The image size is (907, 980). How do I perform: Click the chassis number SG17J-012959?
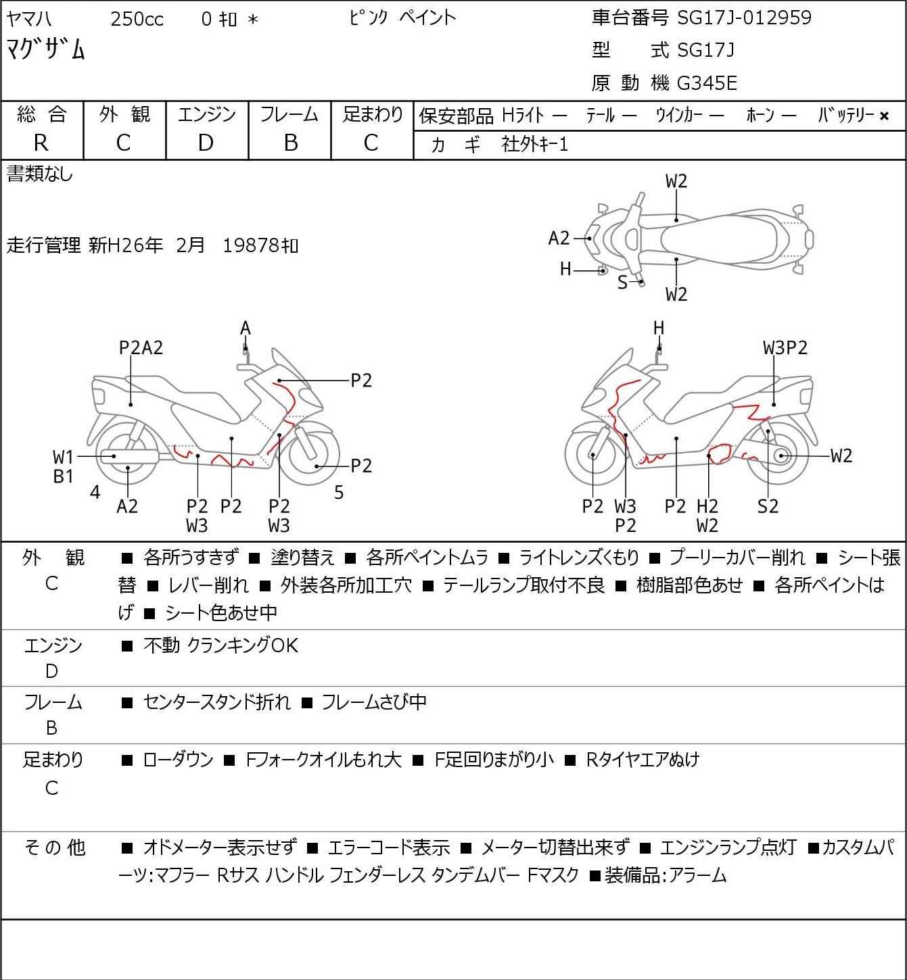tap(744, 18)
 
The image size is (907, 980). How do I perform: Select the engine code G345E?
tap(707, 83)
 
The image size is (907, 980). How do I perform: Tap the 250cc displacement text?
tap(137, 19)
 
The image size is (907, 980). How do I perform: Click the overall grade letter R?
tap(41, 143)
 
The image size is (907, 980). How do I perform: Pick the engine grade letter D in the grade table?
tap(206, 143)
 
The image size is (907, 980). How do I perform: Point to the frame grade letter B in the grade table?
tap(290, 143)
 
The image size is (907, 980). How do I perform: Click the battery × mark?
tap(884, 116)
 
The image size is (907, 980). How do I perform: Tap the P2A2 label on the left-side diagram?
tap(141, 348)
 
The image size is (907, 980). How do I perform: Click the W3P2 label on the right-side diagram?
tap(785, 348)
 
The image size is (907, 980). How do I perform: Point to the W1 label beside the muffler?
tap(63, 458)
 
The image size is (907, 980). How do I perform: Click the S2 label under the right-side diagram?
tap(768, 506)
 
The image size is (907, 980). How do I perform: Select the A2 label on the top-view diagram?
tap(559, 239)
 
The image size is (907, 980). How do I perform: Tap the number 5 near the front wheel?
tap(339, 493)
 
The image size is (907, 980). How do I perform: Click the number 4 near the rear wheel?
tap(95, 493)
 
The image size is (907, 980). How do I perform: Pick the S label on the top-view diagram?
tap(622, 283)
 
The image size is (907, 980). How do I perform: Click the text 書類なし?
tap(39, 174)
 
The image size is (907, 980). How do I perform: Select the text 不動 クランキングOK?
tap(220, 645)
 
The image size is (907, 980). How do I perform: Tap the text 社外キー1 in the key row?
tap(534, 145)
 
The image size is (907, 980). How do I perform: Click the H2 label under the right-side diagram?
tap(707, 506)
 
